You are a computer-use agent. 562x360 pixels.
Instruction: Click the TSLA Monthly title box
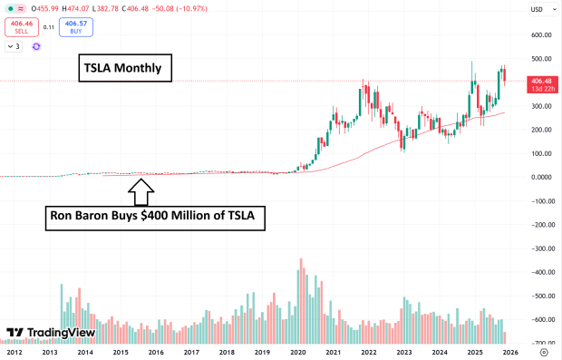click(x=123, y=68)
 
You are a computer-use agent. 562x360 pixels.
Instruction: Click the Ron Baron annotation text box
click(x=155, y=219)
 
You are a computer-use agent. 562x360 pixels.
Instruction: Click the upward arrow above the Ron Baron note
click(x=141, y=191)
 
